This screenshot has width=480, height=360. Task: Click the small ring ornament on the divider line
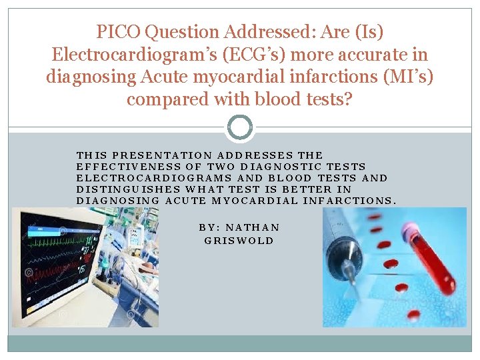(240, 127)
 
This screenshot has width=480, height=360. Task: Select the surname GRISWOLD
(239, 240)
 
